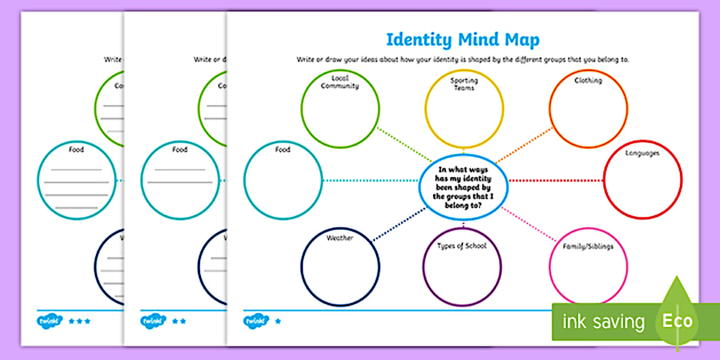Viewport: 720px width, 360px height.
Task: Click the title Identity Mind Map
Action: tap(463, 40)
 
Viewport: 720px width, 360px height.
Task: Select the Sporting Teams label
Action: tap(464, 84)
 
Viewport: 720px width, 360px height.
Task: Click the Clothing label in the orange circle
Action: tap(588, 81)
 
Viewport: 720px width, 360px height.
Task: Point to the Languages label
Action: tap(642, 153)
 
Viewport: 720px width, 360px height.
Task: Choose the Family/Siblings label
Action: tap(589, 247)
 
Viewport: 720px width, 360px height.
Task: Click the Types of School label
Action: tap(462, 246)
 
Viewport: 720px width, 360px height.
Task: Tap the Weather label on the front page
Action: tap(340, 238)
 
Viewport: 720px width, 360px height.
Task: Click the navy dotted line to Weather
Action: tap(400, 223)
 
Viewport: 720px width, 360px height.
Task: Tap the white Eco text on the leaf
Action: tap(677, 321)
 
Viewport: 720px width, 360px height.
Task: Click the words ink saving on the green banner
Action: tap(603, 322)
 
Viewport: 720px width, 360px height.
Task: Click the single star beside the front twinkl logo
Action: tap(278, 321)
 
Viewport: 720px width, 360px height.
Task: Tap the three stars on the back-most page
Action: tap(79, 321)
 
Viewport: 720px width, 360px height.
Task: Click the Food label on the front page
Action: tap(282, 150)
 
